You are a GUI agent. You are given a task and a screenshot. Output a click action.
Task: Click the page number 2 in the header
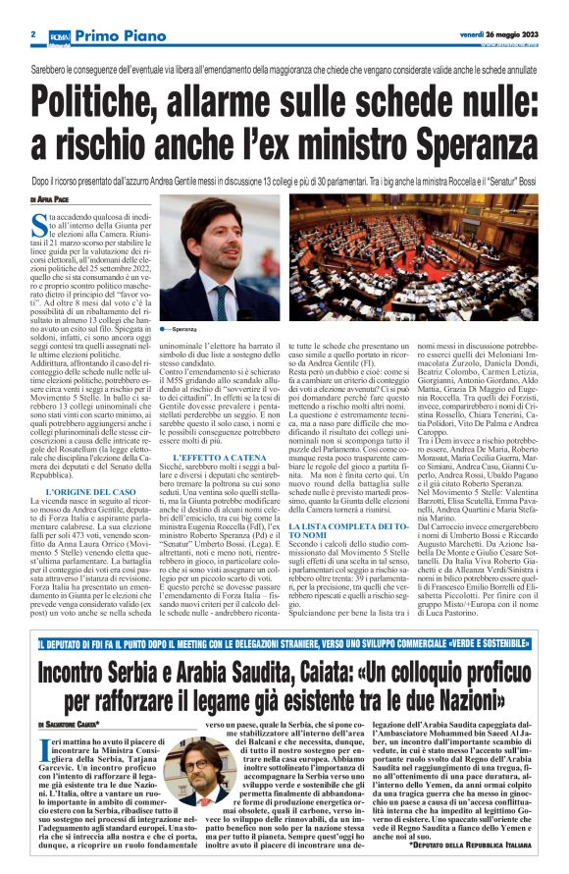click(x=32, y=33)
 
